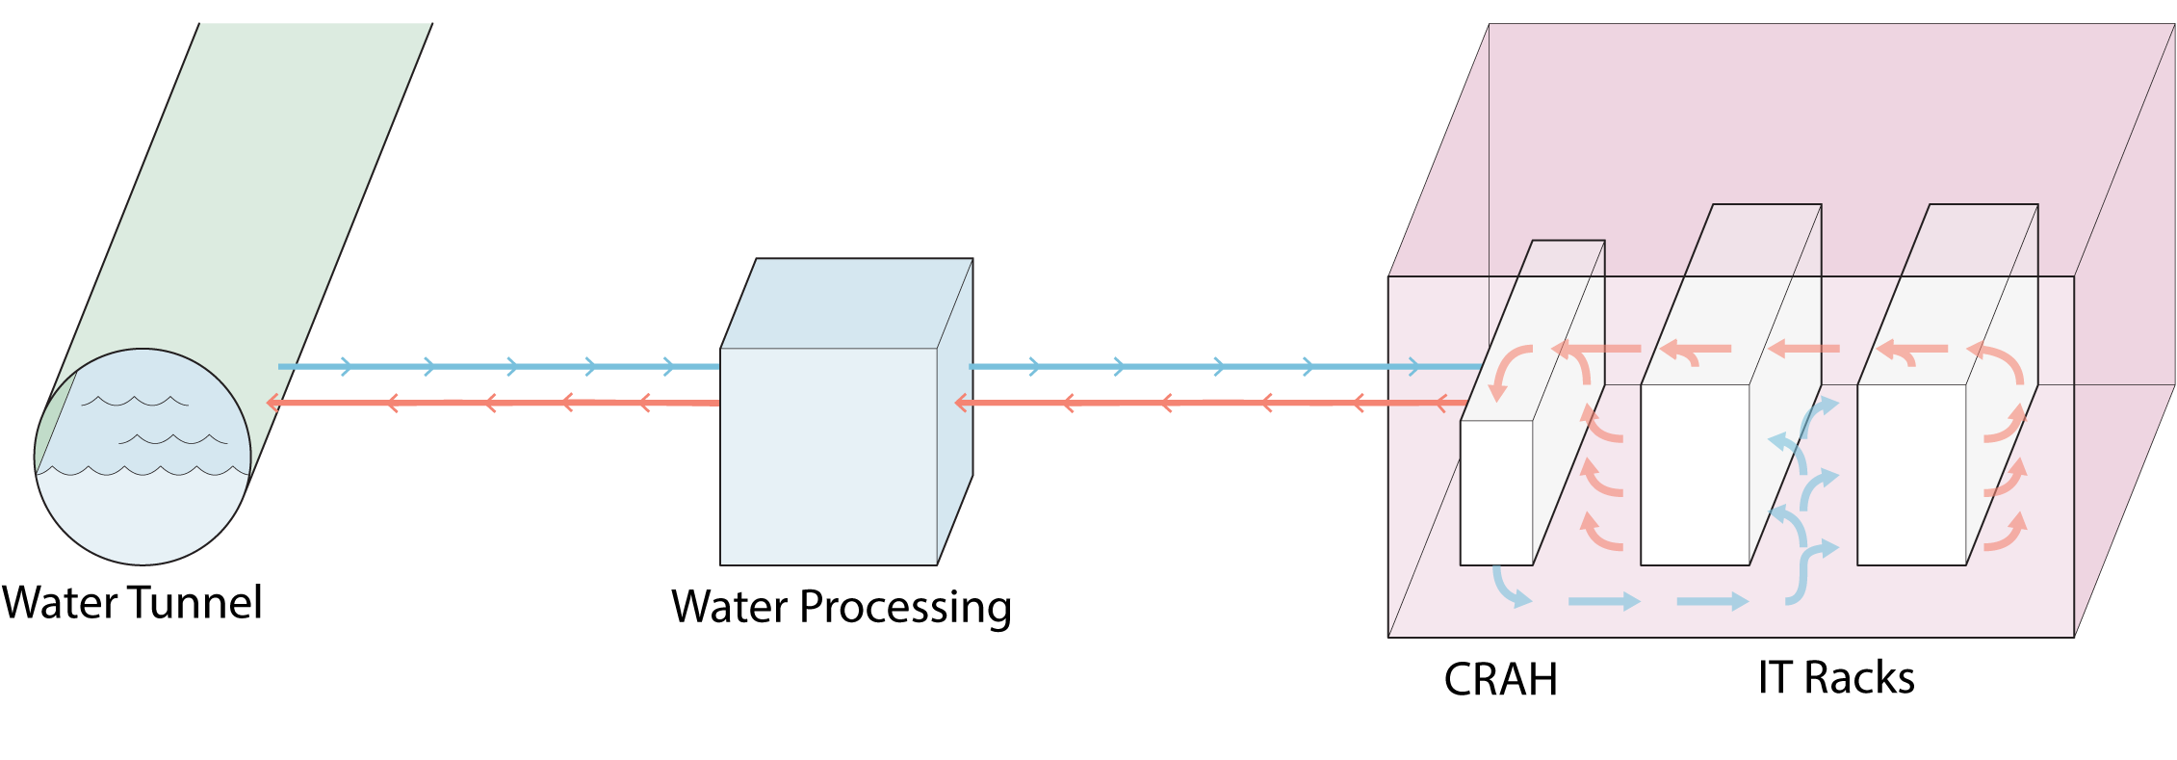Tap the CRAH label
[1500, 680]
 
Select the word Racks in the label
[1859, 678]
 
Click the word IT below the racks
[1775, 678]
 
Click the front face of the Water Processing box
[828, 457]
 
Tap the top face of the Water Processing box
[847, 302]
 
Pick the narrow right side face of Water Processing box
[955, 414]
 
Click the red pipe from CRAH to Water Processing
[1213, 403]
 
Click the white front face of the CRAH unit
[1496, 493]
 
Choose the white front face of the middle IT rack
[1695, 475]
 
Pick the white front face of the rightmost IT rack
[1911, 475]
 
